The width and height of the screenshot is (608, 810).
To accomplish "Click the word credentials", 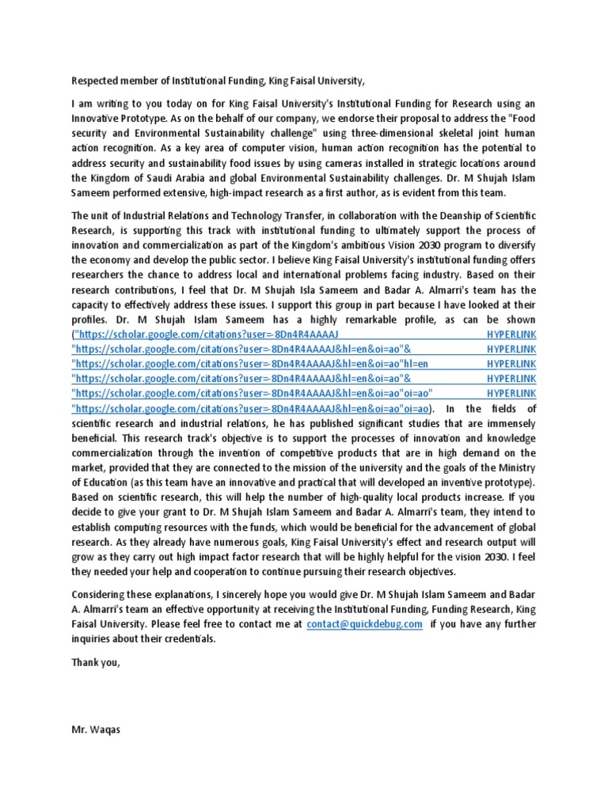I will [188, 639].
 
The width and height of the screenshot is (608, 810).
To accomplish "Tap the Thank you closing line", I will [95, 663].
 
